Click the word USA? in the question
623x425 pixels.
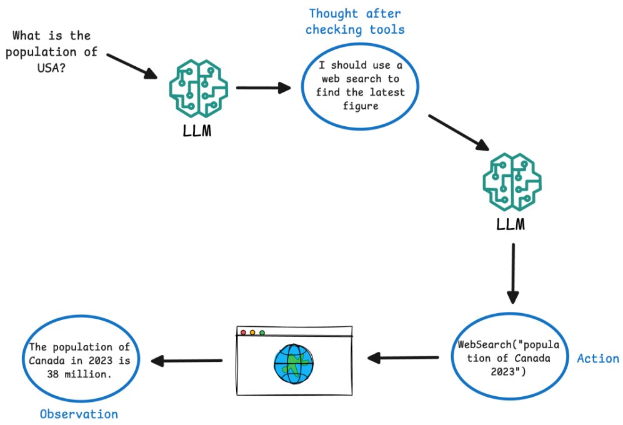[x=51, y=68]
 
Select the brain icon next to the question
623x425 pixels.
[x=199, y=88]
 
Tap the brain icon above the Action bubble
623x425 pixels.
[x=512, y=182]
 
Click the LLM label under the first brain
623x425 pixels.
[x=197, y=131]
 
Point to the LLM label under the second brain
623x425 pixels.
[x=511, y=224]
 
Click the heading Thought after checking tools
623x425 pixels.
[x=355, y=21]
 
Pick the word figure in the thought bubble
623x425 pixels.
[x=361, y=106]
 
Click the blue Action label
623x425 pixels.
[x=598, y=358]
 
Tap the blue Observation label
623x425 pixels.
[x=79, y=414]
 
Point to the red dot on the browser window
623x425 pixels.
[x=243, y=332]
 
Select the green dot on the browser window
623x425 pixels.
[x=262, y=332]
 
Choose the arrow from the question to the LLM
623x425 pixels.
[x=132, y=66]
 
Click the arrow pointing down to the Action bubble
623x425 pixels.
[x=513, y=274]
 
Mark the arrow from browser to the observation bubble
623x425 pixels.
[x=186, y=361]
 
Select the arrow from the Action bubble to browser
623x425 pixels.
[x=403, y=357]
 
